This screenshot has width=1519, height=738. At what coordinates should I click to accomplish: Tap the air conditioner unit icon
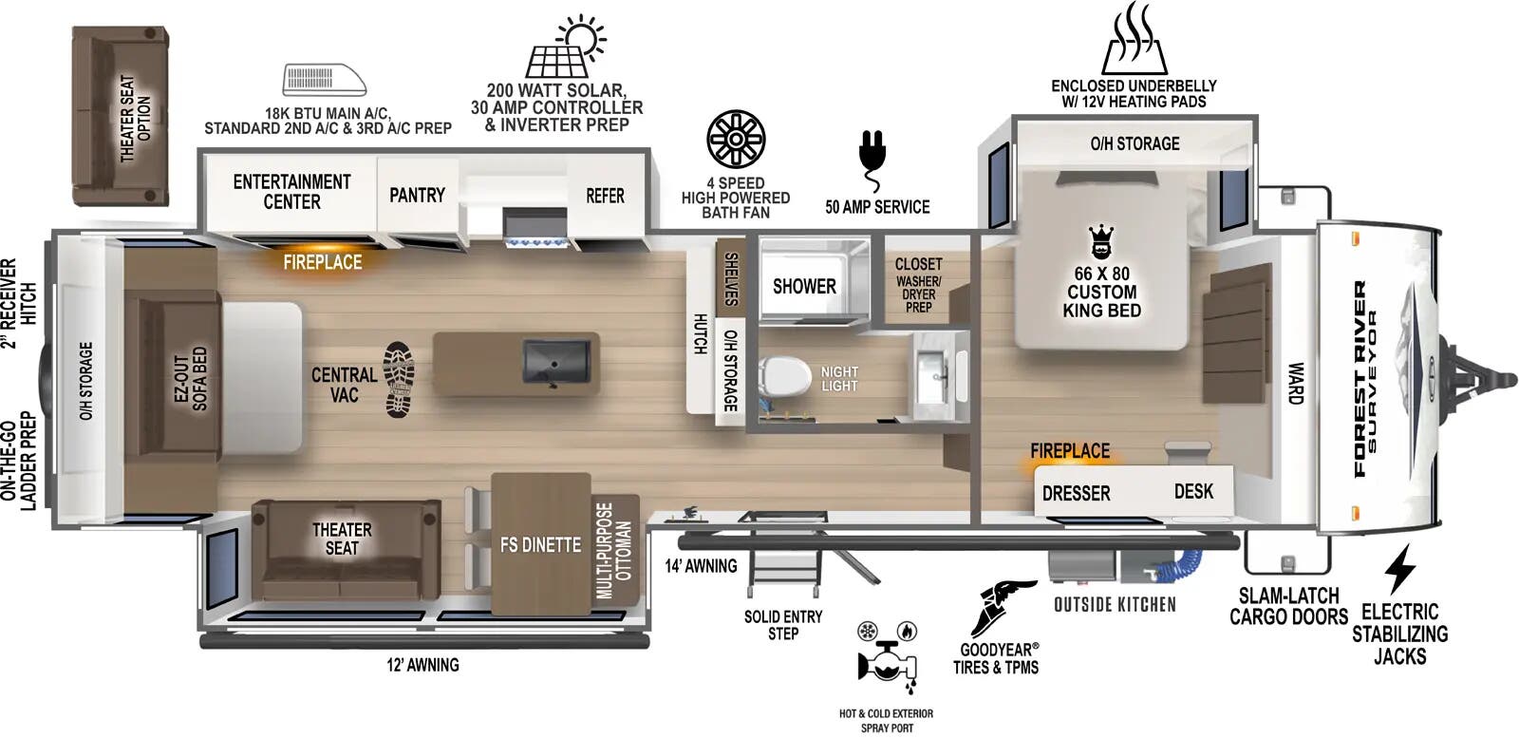tap(325, 80)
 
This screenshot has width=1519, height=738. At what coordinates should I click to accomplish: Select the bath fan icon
tap(736, 139)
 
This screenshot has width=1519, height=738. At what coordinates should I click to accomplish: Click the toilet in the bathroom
tap(784, 376)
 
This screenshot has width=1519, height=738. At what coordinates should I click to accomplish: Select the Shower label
tap(804, 286)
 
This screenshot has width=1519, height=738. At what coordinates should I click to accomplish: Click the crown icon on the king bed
tap(1100, 243)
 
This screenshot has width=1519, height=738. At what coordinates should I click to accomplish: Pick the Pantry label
tap(417, 195)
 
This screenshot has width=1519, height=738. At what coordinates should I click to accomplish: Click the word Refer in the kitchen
tap(605, 196)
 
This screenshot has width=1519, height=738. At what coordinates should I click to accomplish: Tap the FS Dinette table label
tap(540, 544)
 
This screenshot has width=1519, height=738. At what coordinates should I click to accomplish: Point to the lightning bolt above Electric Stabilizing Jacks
tap(1399, 569)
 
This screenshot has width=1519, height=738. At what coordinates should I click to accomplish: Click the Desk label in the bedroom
tap(1193, 491)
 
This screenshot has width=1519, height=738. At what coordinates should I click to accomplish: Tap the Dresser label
tap(1076, 493)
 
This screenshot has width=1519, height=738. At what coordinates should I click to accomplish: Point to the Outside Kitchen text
tap(1115, 605)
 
